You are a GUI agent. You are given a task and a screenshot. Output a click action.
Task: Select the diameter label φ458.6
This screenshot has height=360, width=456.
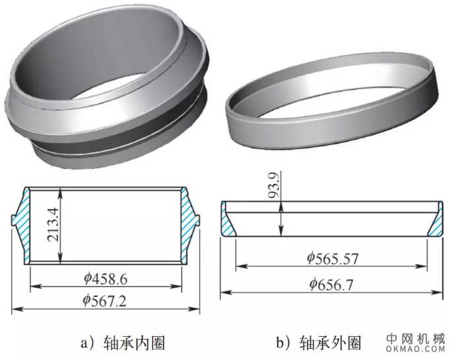point(105,279)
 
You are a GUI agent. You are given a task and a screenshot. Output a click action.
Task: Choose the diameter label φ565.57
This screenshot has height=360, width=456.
point(332,258)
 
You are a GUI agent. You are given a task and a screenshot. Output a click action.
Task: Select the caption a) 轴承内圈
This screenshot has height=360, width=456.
point(122,343)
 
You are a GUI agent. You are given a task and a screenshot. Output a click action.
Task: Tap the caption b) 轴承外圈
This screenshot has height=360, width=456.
point(319,343)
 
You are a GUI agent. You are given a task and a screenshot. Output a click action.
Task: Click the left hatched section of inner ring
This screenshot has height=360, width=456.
point(22,224)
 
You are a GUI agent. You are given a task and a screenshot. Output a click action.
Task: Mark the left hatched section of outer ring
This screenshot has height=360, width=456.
point(228,221)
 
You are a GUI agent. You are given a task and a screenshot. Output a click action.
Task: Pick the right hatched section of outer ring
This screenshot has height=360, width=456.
point(436,221)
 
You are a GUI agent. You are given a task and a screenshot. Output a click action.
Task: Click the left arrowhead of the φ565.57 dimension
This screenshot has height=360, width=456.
point(239,266)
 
